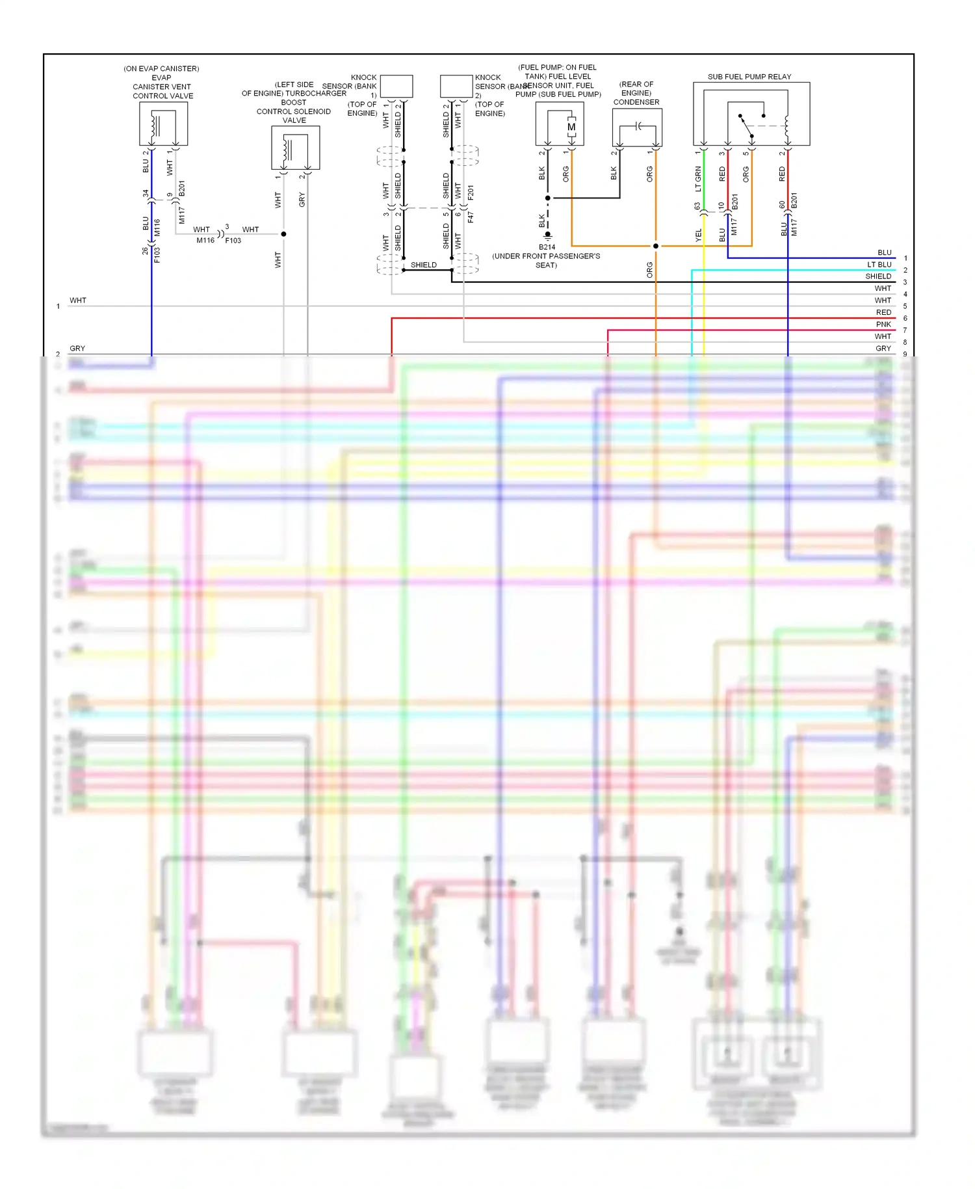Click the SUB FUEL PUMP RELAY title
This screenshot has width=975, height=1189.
749,77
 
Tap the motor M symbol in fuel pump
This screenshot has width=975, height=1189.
571,127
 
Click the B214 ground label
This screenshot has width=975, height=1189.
547,247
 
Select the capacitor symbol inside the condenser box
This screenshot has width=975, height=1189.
638,126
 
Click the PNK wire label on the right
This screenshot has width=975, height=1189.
883,325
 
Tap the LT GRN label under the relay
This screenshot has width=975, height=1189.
698,179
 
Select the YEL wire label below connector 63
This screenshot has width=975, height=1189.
699,235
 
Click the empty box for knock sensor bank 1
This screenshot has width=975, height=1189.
396,86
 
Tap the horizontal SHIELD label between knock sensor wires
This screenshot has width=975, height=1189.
423,265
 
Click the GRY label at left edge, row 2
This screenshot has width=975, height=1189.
77,349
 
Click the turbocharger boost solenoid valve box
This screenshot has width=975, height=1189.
295,148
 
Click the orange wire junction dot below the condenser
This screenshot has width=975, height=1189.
655,246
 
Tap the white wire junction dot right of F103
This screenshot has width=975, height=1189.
283,234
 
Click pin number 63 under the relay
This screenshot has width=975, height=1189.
697,206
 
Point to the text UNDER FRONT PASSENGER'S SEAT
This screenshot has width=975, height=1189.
546,260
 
